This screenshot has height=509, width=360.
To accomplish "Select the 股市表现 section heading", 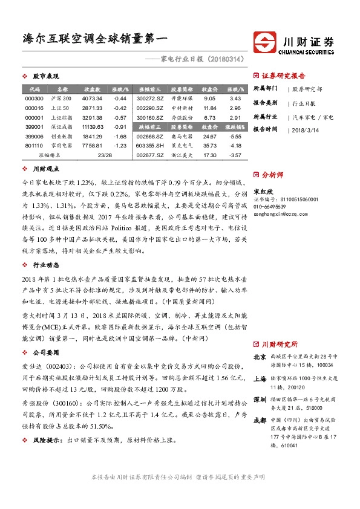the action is click(x=45, y=77).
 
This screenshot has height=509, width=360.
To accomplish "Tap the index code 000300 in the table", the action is click(x=35, y=98).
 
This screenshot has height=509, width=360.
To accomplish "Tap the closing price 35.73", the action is click(x=210, y=146).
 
